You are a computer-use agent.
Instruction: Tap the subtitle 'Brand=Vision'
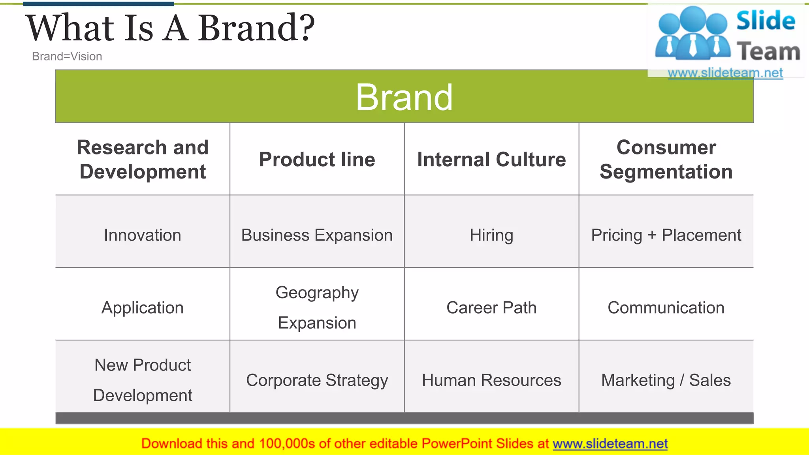[67, 56]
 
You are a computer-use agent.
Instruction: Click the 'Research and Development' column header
[143, 159]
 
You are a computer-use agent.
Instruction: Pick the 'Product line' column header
[317, 160]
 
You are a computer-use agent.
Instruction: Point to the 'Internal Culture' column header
[491, 160]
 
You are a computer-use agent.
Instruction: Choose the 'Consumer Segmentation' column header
[666, 159]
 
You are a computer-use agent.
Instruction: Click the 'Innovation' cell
[143, 235]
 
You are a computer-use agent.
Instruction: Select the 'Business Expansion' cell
[317, 235]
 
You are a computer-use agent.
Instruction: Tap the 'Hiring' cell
[491, 235]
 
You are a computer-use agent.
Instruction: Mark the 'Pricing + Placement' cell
[666, 235]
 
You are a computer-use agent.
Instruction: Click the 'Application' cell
[143, 308]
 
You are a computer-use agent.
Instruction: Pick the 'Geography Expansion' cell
[317, 308]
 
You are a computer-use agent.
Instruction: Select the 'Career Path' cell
[491, 308]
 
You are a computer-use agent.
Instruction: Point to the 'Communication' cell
[666, 308]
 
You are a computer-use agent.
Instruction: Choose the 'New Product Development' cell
[143, 380]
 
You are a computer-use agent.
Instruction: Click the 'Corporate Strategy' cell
[317, 380]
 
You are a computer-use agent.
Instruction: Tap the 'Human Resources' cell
[491, 380]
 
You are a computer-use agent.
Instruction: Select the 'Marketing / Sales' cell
[666, 380]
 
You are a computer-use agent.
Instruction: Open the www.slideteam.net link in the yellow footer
[610, 444]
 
